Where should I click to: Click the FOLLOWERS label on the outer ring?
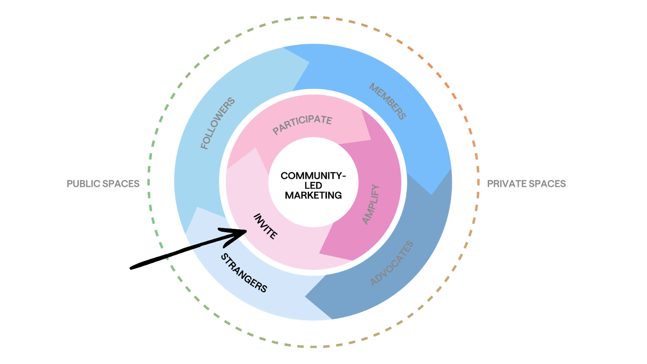(218, 123)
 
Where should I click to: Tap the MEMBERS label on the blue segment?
(387, 101)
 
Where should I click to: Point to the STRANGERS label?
(244, 273)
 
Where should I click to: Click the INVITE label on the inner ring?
(265, 226)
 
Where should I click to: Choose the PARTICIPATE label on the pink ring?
(302, 124)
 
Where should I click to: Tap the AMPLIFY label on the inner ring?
(371, 204)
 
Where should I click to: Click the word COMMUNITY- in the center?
(313, 176)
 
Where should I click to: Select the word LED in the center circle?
(313, 185)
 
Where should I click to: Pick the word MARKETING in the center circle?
(313, 195)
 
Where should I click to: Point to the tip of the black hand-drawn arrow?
(246, 231)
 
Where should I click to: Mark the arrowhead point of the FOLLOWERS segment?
(309, 62)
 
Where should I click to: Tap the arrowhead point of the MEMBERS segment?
(432, 195)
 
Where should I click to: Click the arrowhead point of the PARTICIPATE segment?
(370, 140)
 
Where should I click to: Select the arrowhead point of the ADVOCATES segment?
(305, 297)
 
